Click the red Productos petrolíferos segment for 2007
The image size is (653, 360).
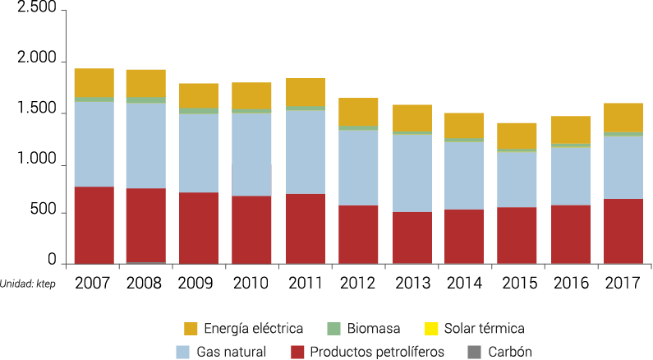(94, 224)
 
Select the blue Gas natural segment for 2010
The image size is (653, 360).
(251, 154)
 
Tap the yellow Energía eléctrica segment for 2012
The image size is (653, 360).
(358, 112)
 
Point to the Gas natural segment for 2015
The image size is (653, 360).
(517, 179)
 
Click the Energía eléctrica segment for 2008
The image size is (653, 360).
(145, 83)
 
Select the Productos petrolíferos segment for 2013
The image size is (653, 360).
(412, 238)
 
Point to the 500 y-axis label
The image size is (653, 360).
(43, 213)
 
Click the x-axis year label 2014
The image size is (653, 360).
(464, 284)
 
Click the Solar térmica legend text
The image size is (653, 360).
(485, 330)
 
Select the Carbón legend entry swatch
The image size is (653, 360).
(474, 353)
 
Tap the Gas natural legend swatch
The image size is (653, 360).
(185, 353)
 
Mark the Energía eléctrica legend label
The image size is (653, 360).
(254, 330)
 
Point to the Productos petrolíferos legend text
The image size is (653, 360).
(379, 353)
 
